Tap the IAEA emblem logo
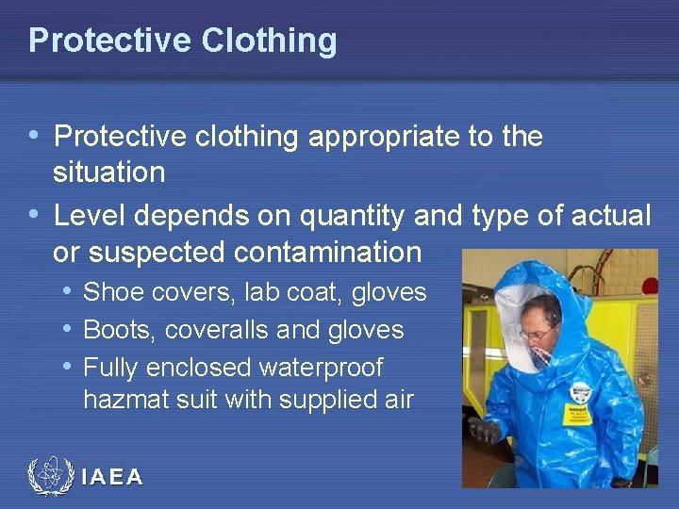pos(50,477)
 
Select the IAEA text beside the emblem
pos(112,478)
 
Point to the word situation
pos(109,172)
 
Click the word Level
pos(90,216)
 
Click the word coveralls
pos(219,330)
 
